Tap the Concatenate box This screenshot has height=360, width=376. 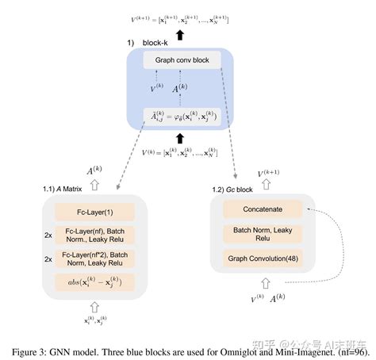[263, 209]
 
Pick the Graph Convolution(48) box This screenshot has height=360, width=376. [263, 259]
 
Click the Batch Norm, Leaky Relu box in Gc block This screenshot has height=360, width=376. [263, 234]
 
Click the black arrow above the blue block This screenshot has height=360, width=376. [182, 34]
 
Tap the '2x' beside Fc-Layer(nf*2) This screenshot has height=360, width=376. [48, 259]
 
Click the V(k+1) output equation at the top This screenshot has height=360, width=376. [184, 19]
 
